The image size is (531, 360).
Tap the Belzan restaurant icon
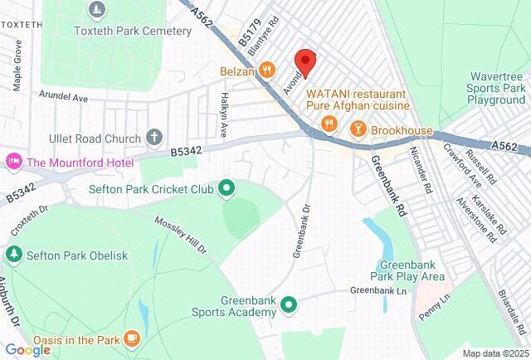pyautogui.click(x=266, y=71)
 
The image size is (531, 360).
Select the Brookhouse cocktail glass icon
pyautogui.click(x=358, y=129)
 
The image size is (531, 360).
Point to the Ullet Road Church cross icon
pyautogui.click(x=153, y=135)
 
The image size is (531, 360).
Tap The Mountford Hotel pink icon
pyautogui.click(x=13, y=161)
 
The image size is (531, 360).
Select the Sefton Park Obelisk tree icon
pyautogui.click(x=13, y=255)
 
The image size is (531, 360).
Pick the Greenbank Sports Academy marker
pyautogui.click(x=289, y=305)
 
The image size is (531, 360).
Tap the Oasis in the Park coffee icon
pyautogui.click(x=131, y=338)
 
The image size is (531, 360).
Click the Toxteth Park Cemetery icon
pyautogui.click(x=97, y=11)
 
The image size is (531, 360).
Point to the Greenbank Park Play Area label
pyautogui.click(x=407, y=270)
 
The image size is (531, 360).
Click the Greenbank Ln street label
pyautogui.click(x=378, y=291)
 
